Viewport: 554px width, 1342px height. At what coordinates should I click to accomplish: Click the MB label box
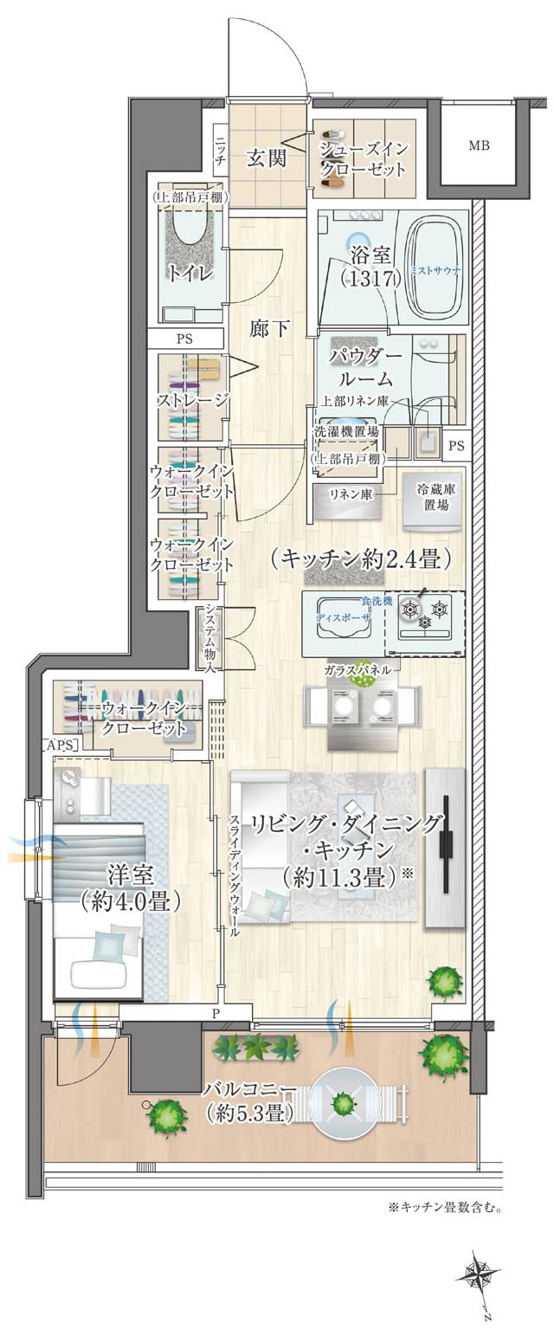(x=479, y=145)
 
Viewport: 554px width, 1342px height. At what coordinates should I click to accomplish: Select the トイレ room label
(x=192, y=274)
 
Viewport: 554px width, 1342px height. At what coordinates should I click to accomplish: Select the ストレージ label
(x=192, y=400)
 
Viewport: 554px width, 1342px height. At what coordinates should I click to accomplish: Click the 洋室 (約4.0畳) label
(x=130, y=887)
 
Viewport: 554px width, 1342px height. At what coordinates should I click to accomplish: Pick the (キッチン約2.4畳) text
(x=360, y=559)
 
